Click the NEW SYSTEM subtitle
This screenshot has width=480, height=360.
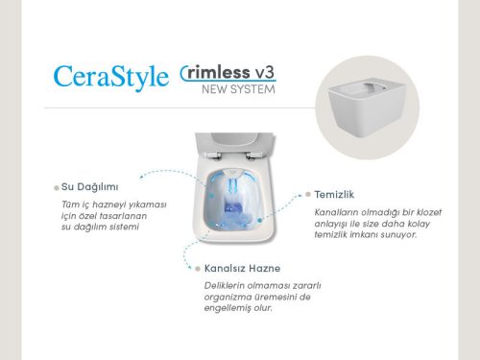[239, 90]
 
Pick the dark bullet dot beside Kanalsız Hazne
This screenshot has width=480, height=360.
[195, 269]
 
